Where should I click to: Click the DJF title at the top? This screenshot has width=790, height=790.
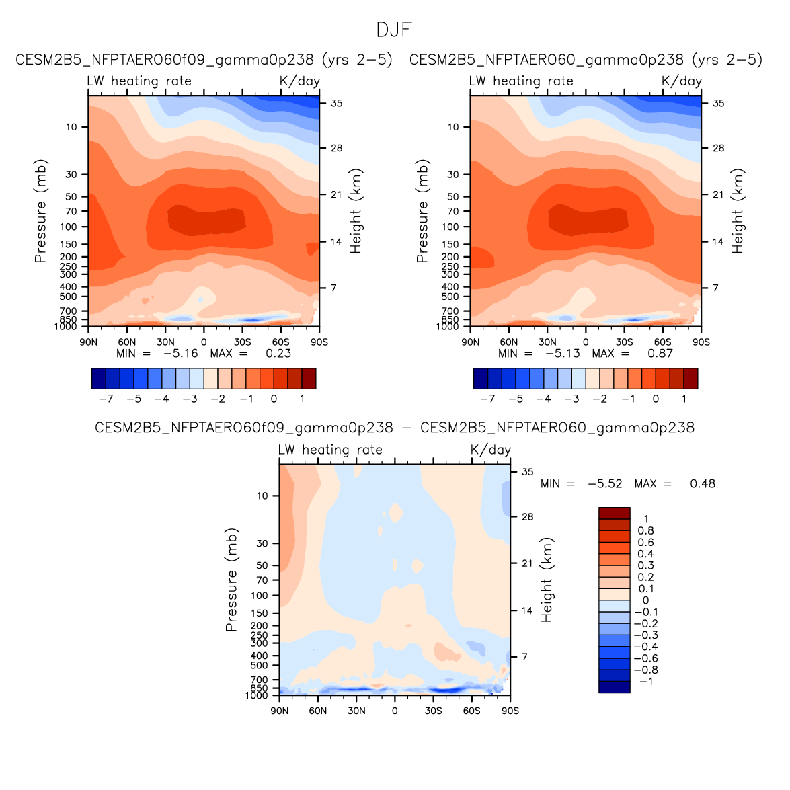click(394, 30)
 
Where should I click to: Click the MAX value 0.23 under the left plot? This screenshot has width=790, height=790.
click(278, 354)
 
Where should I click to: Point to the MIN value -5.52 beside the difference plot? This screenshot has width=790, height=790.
click(604, 484)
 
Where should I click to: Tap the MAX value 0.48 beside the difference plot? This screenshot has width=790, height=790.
click(703, 484)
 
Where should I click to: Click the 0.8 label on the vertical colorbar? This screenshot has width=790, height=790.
click(645, 531)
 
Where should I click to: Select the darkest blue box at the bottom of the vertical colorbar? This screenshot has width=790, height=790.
click(615, 686)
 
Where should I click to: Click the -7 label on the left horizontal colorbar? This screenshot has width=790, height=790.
click(106, 399)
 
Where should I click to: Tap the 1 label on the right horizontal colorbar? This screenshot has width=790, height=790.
click(684, 399)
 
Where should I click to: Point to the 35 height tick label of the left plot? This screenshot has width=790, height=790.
click(336, 104)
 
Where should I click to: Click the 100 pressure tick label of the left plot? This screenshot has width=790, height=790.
click(69, 227)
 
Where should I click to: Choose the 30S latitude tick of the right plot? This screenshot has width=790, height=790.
click(624, 342)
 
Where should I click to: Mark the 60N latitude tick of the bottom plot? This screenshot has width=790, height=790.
click(318, 711)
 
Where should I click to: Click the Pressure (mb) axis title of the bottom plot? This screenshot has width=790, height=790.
click(231, 580)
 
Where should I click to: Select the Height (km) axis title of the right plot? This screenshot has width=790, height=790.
click(738, 210)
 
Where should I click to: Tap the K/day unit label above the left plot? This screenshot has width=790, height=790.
click(299, 81)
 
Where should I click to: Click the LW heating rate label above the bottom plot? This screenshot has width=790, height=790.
click(330, 450)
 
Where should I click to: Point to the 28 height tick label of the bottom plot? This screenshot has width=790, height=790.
click(527, 517)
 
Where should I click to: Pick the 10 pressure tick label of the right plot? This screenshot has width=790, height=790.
click(453, 127)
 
